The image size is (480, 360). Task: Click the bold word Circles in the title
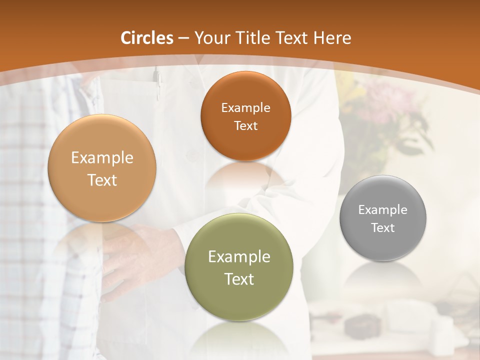146,38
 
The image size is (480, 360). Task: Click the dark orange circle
245,116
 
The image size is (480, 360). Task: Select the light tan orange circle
102,168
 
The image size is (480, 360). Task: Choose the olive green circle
238,267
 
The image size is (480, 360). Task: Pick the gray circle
383,218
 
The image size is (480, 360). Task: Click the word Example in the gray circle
382,210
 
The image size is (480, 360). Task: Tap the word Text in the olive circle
239,279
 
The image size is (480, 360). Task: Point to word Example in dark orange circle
245,107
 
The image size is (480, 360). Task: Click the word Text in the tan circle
102,180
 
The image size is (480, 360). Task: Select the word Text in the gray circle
383,228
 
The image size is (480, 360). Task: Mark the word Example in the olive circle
239,257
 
